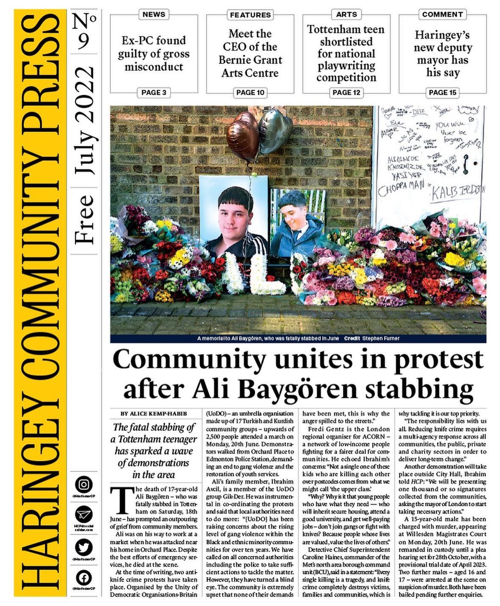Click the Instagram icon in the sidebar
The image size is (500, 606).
point(84,484)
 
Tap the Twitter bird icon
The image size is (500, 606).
point(84,547)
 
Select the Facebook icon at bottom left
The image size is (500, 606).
point(84,578)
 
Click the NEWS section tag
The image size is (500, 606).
point(154,14)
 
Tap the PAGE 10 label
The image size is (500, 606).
point(250,93)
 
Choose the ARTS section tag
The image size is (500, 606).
point(346,14)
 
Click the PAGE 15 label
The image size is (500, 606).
point(442,93)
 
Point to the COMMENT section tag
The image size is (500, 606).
point(442,14)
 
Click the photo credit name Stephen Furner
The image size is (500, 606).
point(381,338)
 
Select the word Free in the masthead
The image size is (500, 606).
point(84,219)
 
